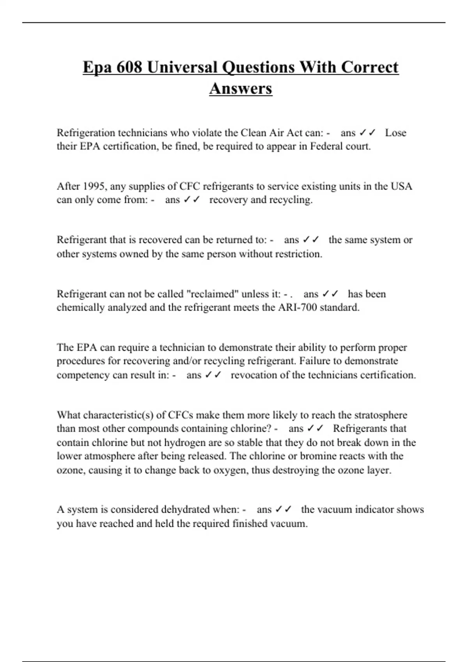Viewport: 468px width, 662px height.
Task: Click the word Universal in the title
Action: (182, 67)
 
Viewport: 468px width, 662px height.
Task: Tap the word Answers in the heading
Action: (241, 88)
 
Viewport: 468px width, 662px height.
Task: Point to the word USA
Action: (401, 186)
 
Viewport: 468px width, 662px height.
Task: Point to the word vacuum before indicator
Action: (334, 509)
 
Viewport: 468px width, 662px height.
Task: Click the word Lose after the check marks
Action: (395, 133)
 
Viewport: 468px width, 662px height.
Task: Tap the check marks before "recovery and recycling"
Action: (191, 199)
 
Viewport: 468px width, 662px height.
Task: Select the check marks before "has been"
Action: (330, 294)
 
